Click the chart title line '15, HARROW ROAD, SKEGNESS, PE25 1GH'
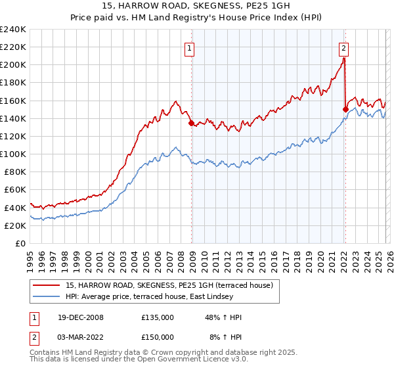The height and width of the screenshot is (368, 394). pos(196,6)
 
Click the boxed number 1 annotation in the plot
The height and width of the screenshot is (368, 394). pos(189,47)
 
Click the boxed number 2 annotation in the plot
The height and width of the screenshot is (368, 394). pos(343,47)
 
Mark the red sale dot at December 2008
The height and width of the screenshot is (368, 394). pos(191,123)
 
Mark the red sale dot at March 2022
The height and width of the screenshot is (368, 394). pos(345,109)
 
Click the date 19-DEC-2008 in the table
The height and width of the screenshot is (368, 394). pos(80,317)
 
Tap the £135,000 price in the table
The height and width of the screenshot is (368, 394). pos(158,317)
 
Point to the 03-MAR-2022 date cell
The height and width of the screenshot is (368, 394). pos(80,336)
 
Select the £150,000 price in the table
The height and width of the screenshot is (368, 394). pos(158,336)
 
